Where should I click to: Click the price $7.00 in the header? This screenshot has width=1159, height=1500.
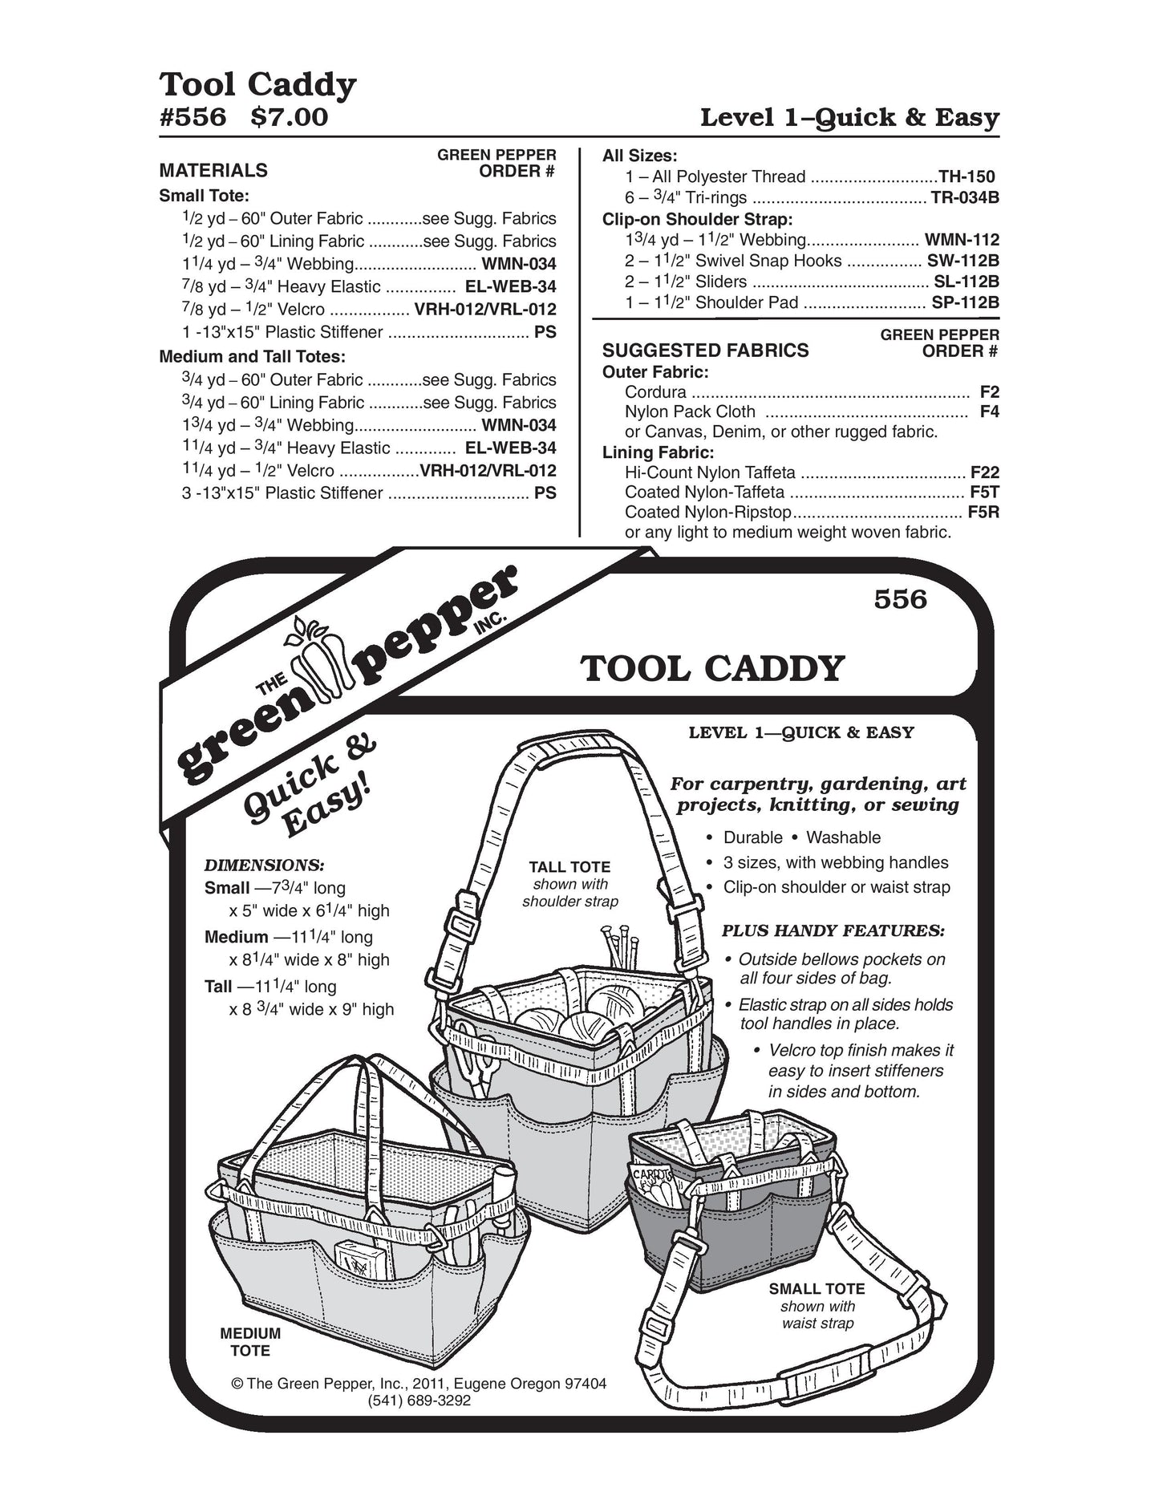click(x=289, y=118)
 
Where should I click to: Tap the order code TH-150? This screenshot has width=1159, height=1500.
click(x=967, y=177)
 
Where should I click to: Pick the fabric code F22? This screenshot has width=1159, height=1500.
click(x=984, y=472)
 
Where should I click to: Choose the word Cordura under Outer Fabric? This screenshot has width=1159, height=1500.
click(x=655, y=392)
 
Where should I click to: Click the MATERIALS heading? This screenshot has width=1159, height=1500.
click(x=213, y=170)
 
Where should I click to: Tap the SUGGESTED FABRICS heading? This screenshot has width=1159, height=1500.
click(x=705, y=351)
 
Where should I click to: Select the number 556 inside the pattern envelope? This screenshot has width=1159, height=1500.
click(x=900, y=599)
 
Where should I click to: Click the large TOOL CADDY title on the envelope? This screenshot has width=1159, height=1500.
click(x=713, y=668)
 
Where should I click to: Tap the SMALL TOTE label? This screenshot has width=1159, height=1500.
click(x=817, y=1289)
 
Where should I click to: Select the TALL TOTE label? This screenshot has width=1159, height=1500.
click(x=569, y=867)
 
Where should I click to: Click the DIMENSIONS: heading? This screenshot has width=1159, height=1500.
click(x=265, y=866)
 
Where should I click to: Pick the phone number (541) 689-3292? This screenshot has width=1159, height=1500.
click(x=419, y=1401)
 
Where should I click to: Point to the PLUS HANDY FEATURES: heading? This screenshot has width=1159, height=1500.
click(x=833, y=931)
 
